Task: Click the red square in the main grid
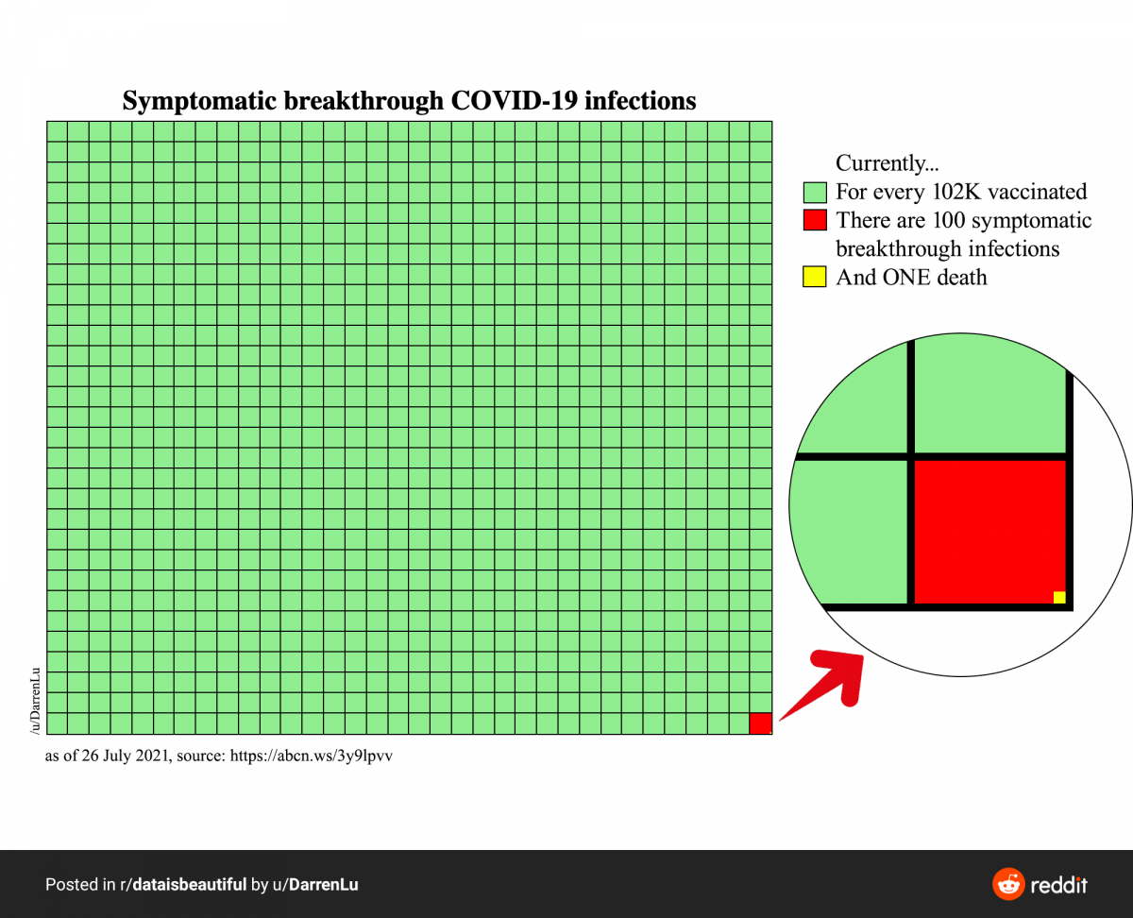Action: coord(761,723)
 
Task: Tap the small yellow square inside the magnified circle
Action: coord(1059,597)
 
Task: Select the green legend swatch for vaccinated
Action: coord(814,193)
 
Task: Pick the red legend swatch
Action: coord(814,221)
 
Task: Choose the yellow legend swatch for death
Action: coord(814,278)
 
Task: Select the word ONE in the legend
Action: coord(910,278)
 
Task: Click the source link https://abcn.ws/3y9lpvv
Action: coord(312,756)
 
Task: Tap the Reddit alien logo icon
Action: coord(1008,885)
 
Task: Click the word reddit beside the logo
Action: coord(1058,885)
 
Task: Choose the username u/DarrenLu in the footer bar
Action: coord(317,885)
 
